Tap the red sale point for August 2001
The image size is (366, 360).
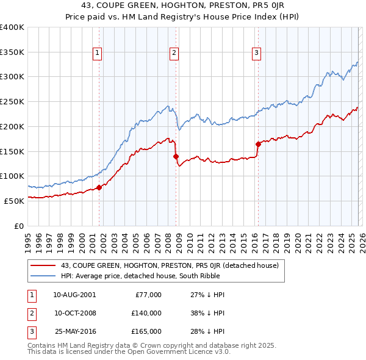click(99, 187)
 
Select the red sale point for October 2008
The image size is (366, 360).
click(176, 156)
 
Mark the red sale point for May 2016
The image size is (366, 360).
click(258, 144)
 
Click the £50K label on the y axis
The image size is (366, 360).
click(14, 200)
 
